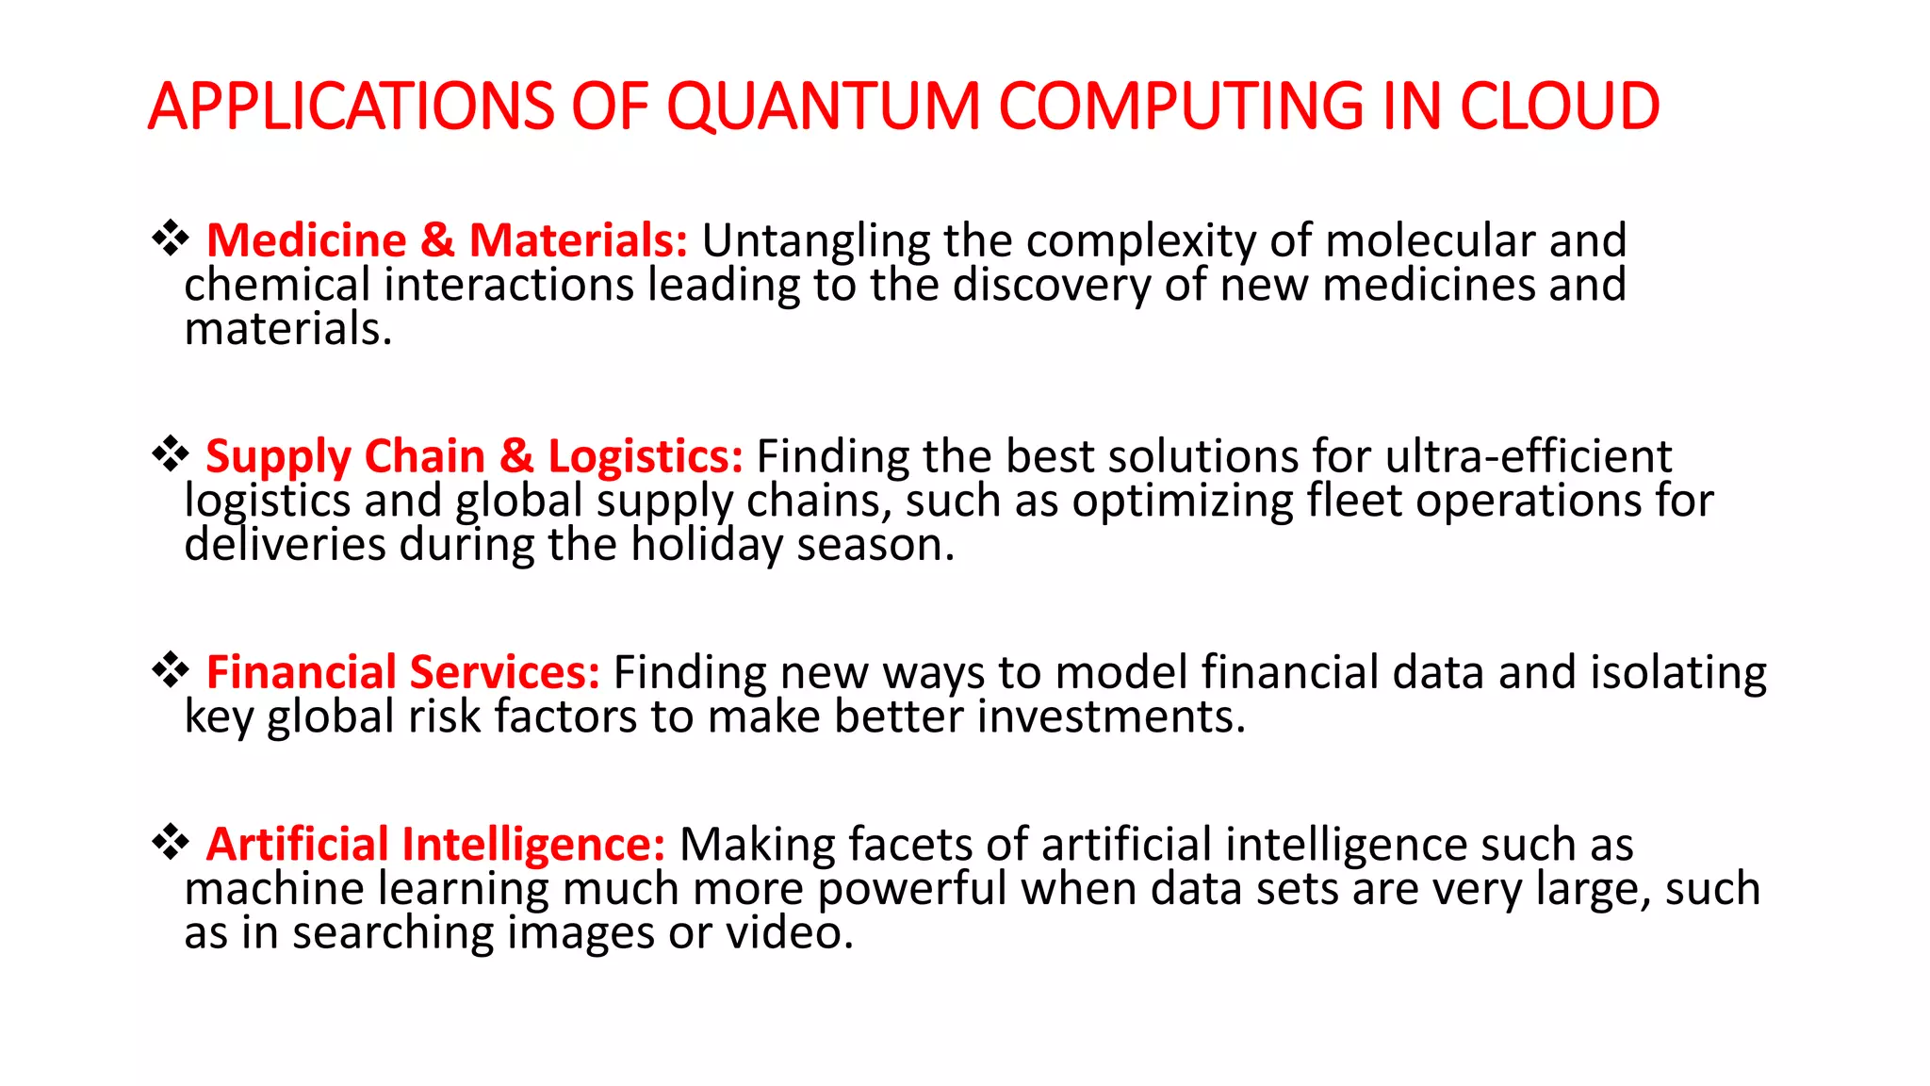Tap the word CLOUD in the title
click(1559, 106)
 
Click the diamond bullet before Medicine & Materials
click(171, 238)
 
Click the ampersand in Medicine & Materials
click(437, 240)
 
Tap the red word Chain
click(424, 456)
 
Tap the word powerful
click(912, 889)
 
